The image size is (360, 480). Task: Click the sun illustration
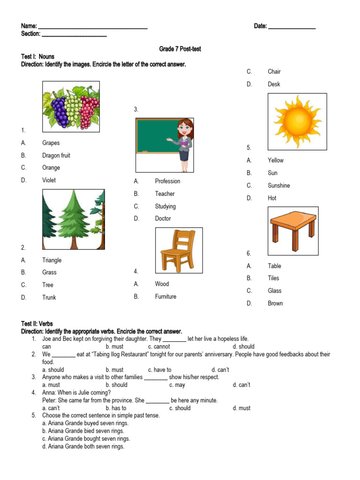[297, 121]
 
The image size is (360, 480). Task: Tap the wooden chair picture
[179, 250]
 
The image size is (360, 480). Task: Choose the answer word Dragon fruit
[56, 155]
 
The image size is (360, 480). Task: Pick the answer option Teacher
[165, 194]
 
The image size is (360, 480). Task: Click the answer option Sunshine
[279, 185]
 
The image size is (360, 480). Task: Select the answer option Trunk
[49, 297]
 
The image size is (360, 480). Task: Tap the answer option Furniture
[165, 296]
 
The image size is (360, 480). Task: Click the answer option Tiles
[273, 278]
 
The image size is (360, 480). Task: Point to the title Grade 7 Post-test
[180, 49]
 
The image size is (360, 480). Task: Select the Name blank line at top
[92, 27]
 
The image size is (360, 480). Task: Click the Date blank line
[292, 27]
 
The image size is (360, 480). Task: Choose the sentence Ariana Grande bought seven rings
[86, 439]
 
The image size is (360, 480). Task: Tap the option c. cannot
[159, 346]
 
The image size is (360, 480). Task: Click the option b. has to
[116, 408]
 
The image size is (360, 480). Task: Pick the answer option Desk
[274, 84]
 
